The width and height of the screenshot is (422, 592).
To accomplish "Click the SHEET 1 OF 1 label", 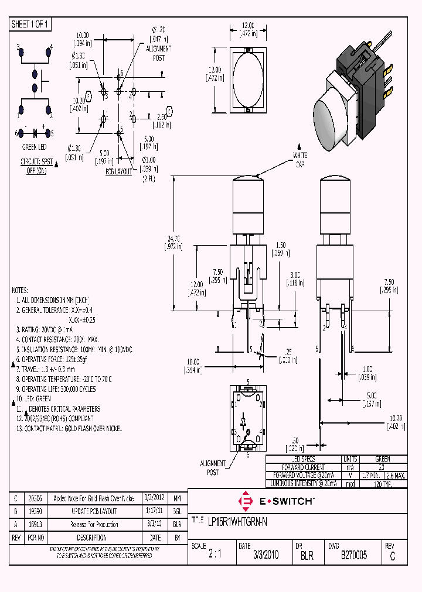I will (30, 25).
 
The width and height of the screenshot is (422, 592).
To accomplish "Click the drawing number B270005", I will (353, 555).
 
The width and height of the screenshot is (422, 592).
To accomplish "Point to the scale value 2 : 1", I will (216, 555).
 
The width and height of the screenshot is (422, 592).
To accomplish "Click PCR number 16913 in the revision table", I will (36, 525).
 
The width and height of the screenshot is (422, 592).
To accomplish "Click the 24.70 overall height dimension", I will (174, 242).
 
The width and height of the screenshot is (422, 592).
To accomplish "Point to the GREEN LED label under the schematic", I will (35, 147).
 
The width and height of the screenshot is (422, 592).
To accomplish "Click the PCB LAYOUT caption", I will (119, 172).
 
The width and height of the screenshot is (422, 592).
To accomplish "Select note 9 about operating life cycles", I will (55, 389).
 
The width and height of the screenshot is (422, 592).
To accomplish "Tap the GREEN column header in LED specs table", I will (382, 459).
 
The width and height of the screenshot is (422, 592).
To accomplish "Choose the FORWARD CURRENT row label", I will (303, 467).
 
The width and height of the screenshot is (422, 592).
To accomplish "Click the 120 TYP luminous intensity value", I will (382, 484).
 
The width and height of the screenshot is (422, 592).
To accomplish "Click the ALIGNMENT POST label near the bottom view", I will (213, 467).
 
